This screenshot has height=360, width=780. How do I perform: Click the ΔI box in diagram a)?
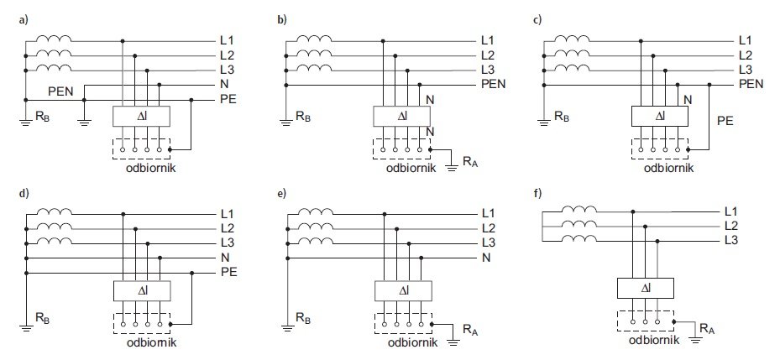pos(142,117)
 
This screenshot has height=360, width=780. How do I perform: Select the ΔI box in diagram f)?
pos(645,288)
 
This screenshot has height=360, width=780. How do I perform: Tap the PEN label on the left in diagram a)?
pos(60,91)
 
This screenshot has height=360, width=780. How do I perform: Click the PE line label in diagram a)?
pos(228,99)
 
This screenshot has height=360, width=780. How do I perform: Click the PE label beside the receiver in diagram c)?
pos(725,120)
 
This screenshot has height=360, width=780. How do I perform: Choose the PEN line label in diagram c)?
pos(751,84)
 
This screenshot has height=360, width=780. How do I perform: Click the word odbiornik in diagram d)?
pos(151,342)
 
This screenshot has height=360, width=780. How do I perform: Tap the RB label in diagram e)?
pos(304,316)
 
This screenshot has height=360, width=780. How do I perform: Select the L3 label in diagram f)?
pos(730,241)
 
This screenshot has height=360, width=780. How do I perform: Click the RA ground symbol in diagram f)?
pos(695,340)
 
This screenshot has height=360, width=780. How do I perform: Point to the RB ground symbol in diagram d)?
pos(26,328)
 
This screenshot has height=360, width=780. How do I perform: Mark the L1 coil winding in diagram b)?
pos(314,39)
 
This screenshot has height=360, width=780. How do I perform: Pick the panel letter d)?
pos(23,194)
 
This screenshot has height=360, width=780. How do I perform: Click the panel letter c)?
pos(537,20)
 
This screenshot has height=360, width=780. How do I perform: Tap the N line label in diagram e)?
pos(486,258)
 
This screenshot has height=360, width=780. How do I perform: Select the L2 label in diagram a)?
pos(228,55)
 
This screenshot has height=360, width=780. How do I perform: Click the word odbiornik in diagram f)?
pos(654,341)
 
